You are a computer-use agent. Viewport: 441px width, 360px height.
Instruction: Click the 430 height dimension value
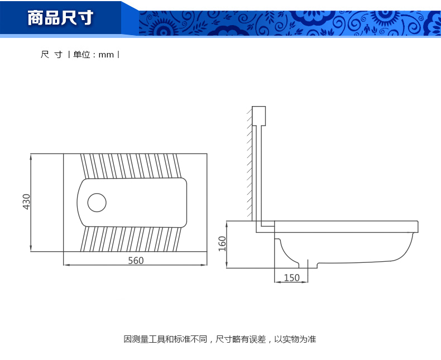pyautogui.click(x=26, y=201)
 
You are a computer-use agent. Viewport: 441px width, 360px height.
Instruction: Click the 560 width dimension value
pyautogui.click(x=136, y=261)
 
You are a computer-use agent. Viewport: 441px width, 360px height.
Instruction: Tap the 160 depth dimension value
pyautogui.click(x=222, y=243)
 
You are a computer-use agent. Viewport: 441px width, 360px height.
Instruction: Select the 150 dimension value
pyautogui.click(x=291, y=277)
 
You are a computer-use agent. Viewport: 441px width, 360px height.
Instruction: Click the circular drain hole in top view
pyautogui.click(x=97, y=202)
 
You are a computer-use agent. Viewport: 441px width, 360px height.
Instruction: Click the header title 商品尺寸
pyautogui.click(x=60, y=18)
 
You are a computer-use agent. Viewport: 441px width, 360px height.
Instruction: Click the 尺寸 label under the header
pyautogui.click(x=51, y=55)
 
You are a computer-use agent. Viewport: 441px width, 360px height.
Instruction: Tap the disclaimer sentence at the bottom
pyautogui.click(x=220, y=339)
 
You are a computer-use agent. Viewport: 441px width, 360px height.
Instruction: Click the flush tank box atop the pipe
pyautogui.click(x=258, y=116)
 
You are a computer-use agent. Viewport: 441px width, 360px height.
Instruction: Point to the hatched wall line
pyautogui.click(x=249, y=162)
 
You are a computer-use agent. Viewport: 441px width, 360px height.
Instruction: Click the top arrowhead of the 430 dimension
pyautogui.click(x=31, y=156)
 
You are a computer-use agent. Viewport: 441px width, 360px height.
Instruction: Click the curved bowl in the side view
pyautogui.click(x=346, y=251)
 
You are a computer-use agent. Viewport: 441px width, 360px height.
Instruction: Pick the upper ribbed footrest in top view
pyautogui.click(x=131, y=166)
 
